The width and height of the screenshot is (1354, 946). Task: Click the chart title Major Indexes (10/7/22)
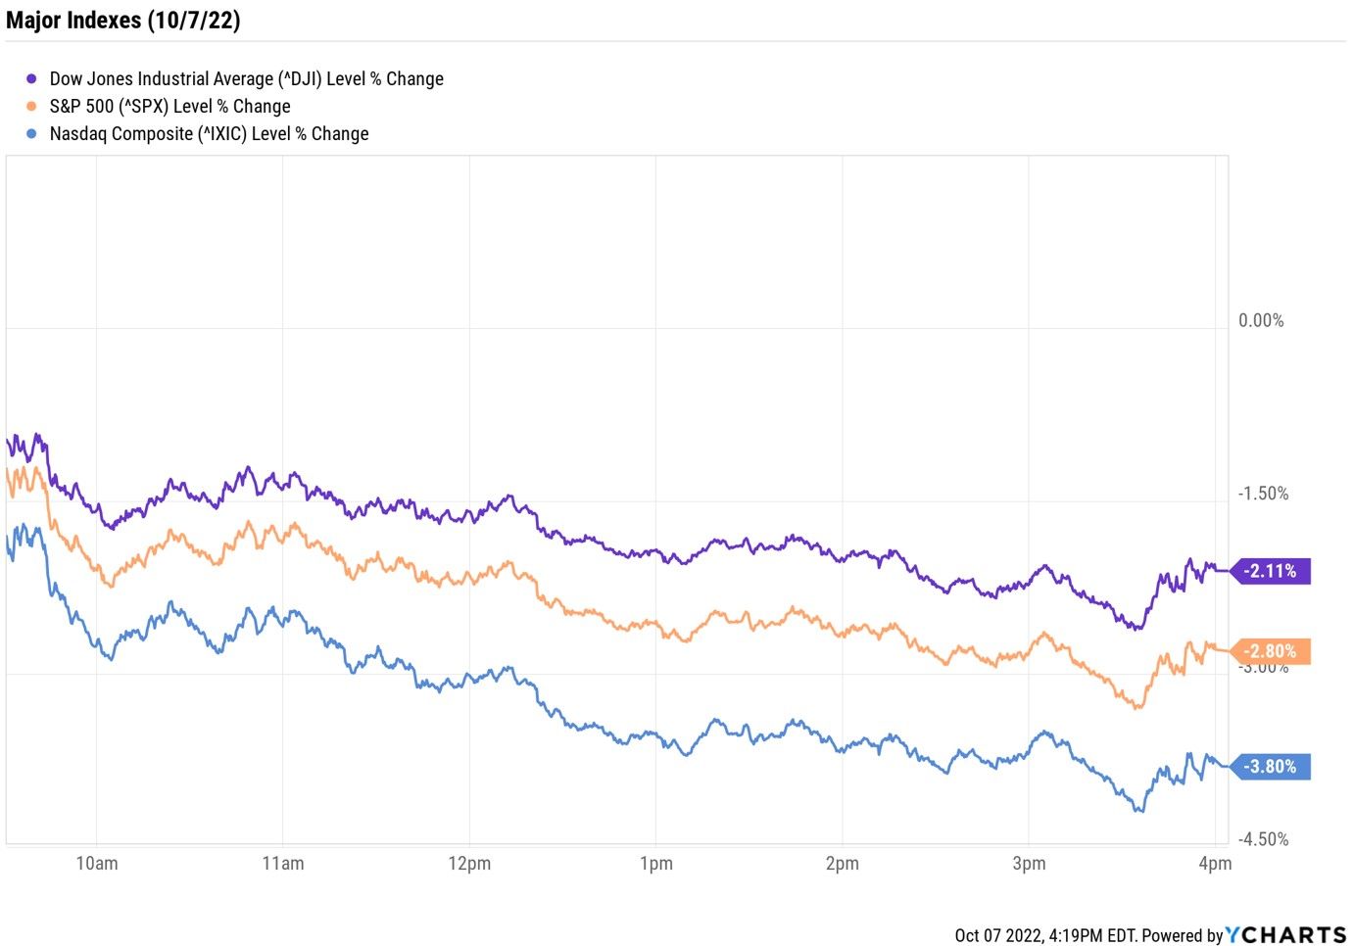(x=123, y=21)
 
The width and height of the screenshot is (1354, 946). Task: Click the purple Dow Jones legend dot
(x=32, y=79)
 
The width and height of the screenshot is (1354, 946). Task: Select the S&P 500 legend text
(x=169, y=107)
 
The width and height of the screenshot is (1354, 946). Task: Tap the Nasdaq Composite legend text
(x=209, y=134)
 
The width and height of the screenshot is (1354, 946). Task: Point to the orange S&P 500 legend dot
(x=32, y=107)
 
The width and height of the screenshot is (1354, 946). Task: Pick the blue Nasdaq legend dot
(x=32, y=134)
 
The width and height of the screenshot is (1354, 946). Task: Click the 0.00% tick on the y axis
(x=1260, y=321)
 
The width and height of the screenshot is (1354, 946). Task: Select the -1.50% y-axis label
(x=1262, y=494)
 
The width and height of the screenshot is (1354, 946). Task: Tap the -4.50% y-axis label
(x=1262, y=839)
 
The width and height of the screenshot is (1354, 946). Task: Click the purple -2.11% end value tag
(x=1270, y=571)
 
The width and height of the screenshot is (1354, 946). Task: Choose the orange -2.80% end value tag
(x=1270, y=651)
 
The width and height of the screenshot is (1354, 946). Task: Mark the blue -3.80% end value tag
(x=1270, y=767)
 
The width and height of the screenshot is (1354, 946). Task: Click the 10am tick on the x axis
(x=97, y=864)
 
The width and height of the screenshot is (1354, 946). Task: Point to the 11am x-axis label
(x=283, y=864)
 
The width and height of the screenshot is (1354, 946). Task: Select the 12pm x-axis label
(x=469, y=864)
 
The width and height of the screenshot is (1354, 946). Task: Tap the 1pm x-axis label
(x=655, y=864)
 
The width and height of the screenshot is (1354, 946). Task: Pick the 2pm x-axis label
(x=842, y=864)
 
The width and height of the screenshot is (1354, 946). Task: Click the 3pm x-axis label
(x=1029, y=864)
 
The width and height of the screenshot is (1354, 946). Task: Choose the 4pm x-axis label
(x=1215, y=864)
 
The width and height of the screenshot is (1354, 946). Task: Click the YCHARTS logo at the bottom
(x=1285, y=935)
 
